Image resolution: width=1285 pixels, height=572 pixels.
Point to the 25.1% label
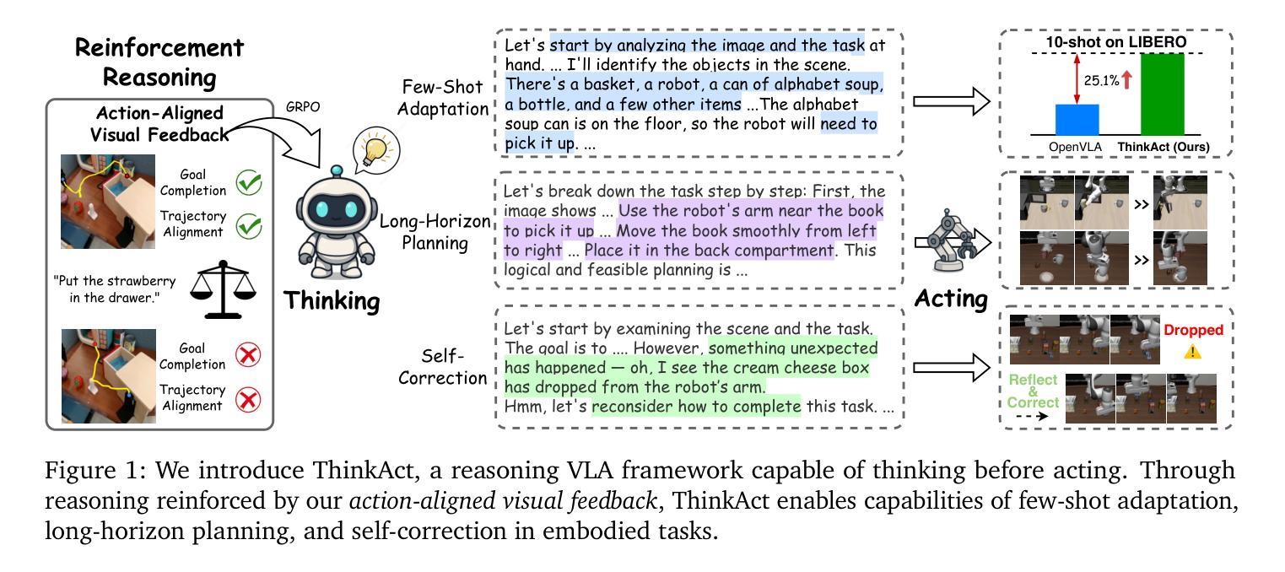[1101, 81]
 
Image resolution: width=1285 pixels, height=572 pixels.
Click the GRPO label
[303, 107]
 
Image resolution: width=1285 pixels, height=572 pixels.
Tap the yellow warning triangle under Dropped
[1192, 351]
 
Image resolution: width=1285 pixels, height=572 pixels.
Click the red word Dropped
[1193, 330]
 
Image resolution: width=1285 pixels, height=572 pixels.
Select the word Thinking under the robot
[331, 301]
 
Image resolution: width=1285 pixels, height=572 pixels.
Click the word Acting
[951, 298]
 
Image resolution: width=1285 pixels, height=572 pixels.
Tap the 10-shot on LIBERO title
[1117, 42]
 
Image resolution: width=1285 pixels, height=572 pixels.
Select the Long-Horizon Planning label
[435, 232]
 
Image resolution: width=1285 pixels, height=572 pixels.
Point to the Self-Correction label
[443, 367]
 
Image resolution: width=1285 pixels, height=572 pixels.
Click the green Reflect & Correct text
[1033, 391]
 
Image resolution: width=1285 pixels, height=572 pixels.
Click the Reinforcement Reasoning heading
[159, 62]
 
